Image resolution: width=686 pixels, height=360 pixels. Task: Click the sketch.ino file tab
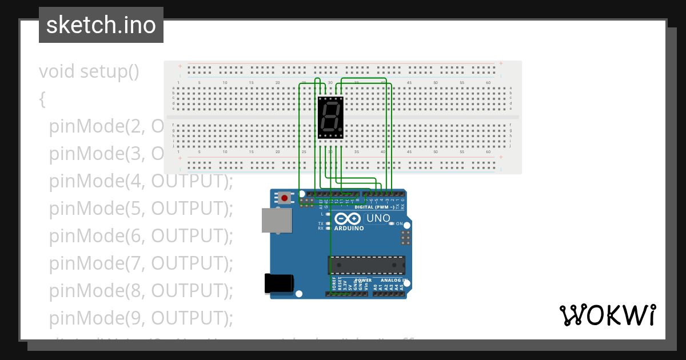coord(101,25)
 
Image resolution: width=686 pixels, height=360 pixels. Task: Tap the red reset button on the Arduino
coord(284,198)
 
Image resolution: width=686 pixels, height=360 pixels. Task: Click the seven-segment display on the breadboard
coord(331,117)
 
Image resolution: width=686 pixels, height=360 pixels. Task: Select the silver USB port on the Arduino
coord(276,220)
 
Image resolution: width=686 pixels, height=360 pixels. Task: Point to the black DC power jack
coord(279,284)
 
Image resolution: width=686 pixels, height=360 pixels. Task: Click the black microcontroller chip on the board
coord(366,265)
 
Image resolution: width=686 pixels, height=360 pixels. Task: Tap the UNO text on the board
coord(378,218)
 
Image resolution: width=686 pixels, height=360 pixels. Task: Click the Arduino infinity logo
coord(348,218)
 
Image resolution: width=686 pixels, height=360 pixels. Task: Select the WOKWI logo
coord(607,315)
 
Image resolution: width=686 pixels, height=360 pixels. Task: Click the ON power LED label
coord(400,223)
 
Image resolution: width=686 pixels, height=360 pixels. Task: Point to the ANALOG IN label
coord(392,280)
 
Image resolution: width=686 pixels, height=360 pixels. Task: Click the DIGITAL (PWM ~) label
coord(374,207)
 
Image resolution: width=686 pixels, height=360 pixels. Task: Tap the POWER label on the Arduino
coord(364,280)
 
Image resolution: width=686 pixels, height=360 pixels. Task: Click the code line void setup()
coord(89,71)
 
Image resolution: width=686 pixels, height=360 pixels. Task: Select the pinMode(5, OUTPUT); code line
coord(141,209)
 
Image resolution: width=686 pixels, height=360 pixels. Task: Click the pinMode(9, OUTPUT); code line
coord(141,317)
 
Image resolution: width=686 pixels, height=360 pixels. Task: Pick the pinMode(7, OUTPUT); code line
coord(141,263)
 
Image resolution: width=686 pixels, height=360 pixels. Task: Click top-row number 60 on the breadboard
coord(488,83)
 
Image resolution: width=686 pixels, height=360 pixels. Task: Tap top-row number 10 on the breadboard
coord(225,83)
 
